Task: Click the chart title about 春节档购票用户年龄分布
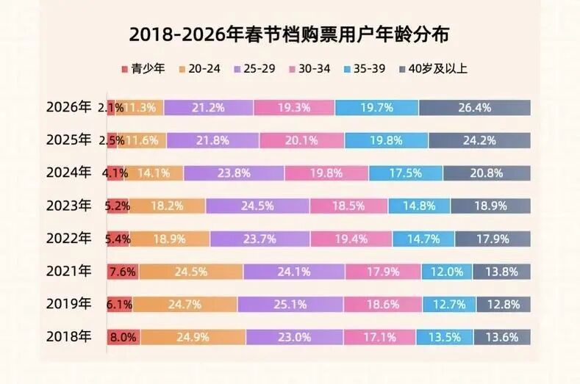[x=290, y=34]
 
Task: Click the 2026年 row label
[x=68, y=107]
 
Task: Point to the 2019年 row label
[x=68, y=303]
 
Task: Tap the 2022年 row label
[x=68, y=239]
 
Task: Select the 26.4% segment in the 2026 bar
[x=474, y=108]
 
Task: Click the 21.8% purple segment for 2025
[x=212, y=140]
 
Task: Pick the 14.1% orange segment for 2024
[x=149, y=173]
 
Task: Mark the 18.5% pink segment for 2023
[x=348, y=206]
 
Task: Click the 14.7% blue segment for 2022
[x=423, y=239]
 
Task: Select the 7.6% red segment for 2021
[x=122, y=272]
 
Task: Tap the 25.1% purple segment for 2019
[x=290, y=304]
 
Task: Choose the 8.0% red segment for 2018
[x=123, y=337]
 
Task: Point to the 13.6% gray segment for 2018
[x=501, y=337]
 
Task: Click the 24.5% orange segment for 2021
[x=190, y=272]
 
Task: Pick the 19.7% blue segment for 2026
[x=376, y=108]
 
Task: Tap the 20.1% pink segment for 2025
[x=301, y=140]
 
